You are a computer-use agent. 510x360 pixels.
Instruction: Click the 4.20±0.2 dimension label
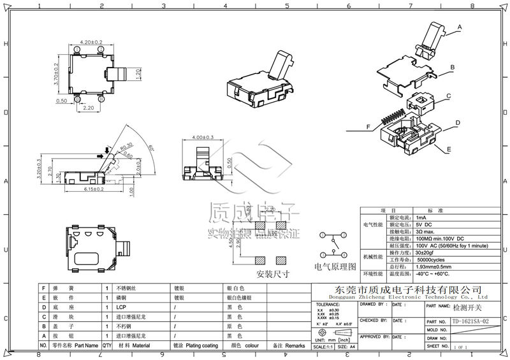[92, 42]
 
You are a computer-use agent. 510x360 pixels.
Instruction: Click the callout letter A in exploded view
[458, 27]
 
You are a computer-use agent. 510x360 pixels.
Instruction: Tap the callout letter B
[451, 66]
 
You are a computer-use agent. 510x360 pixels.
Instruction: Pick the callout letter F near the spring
[368, 127]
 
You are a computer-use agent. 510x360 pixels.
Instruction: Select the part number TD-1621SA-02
[470, 322]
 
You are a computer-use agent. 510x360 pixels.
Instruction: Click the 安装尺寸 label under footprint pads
[273, 275]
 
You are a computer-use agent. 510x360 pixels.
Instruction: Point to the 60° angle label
[152, 147]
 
